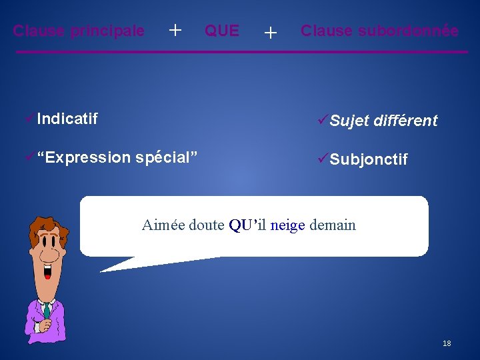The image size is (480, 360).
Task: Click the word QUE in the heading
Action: click(222, 31)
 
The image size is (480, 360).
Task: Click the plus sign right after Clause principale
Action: click(175, 30)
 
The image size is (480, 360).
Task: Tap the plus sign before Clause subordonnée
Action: click(270, 32)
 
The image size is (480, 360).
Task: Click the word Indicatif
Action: click(67, 119)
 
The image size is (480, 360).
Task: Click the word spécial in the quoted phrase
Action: click(163, 157)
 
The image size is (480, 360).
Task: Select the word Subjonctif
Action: click(369, 160)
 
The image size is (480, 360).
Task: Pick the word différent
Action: click(405, 121)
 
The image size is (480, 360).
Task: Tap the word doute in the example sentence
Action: click(207, 225)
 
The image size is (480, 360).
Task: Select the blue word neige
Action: click(287, 225)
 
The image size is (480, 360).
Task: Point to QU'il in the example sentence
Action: click(248, 225)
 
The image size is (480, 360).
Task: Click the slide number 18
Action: click(447, 343)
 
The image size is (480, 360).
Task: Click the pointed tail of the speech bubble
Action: click(107, 269)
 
